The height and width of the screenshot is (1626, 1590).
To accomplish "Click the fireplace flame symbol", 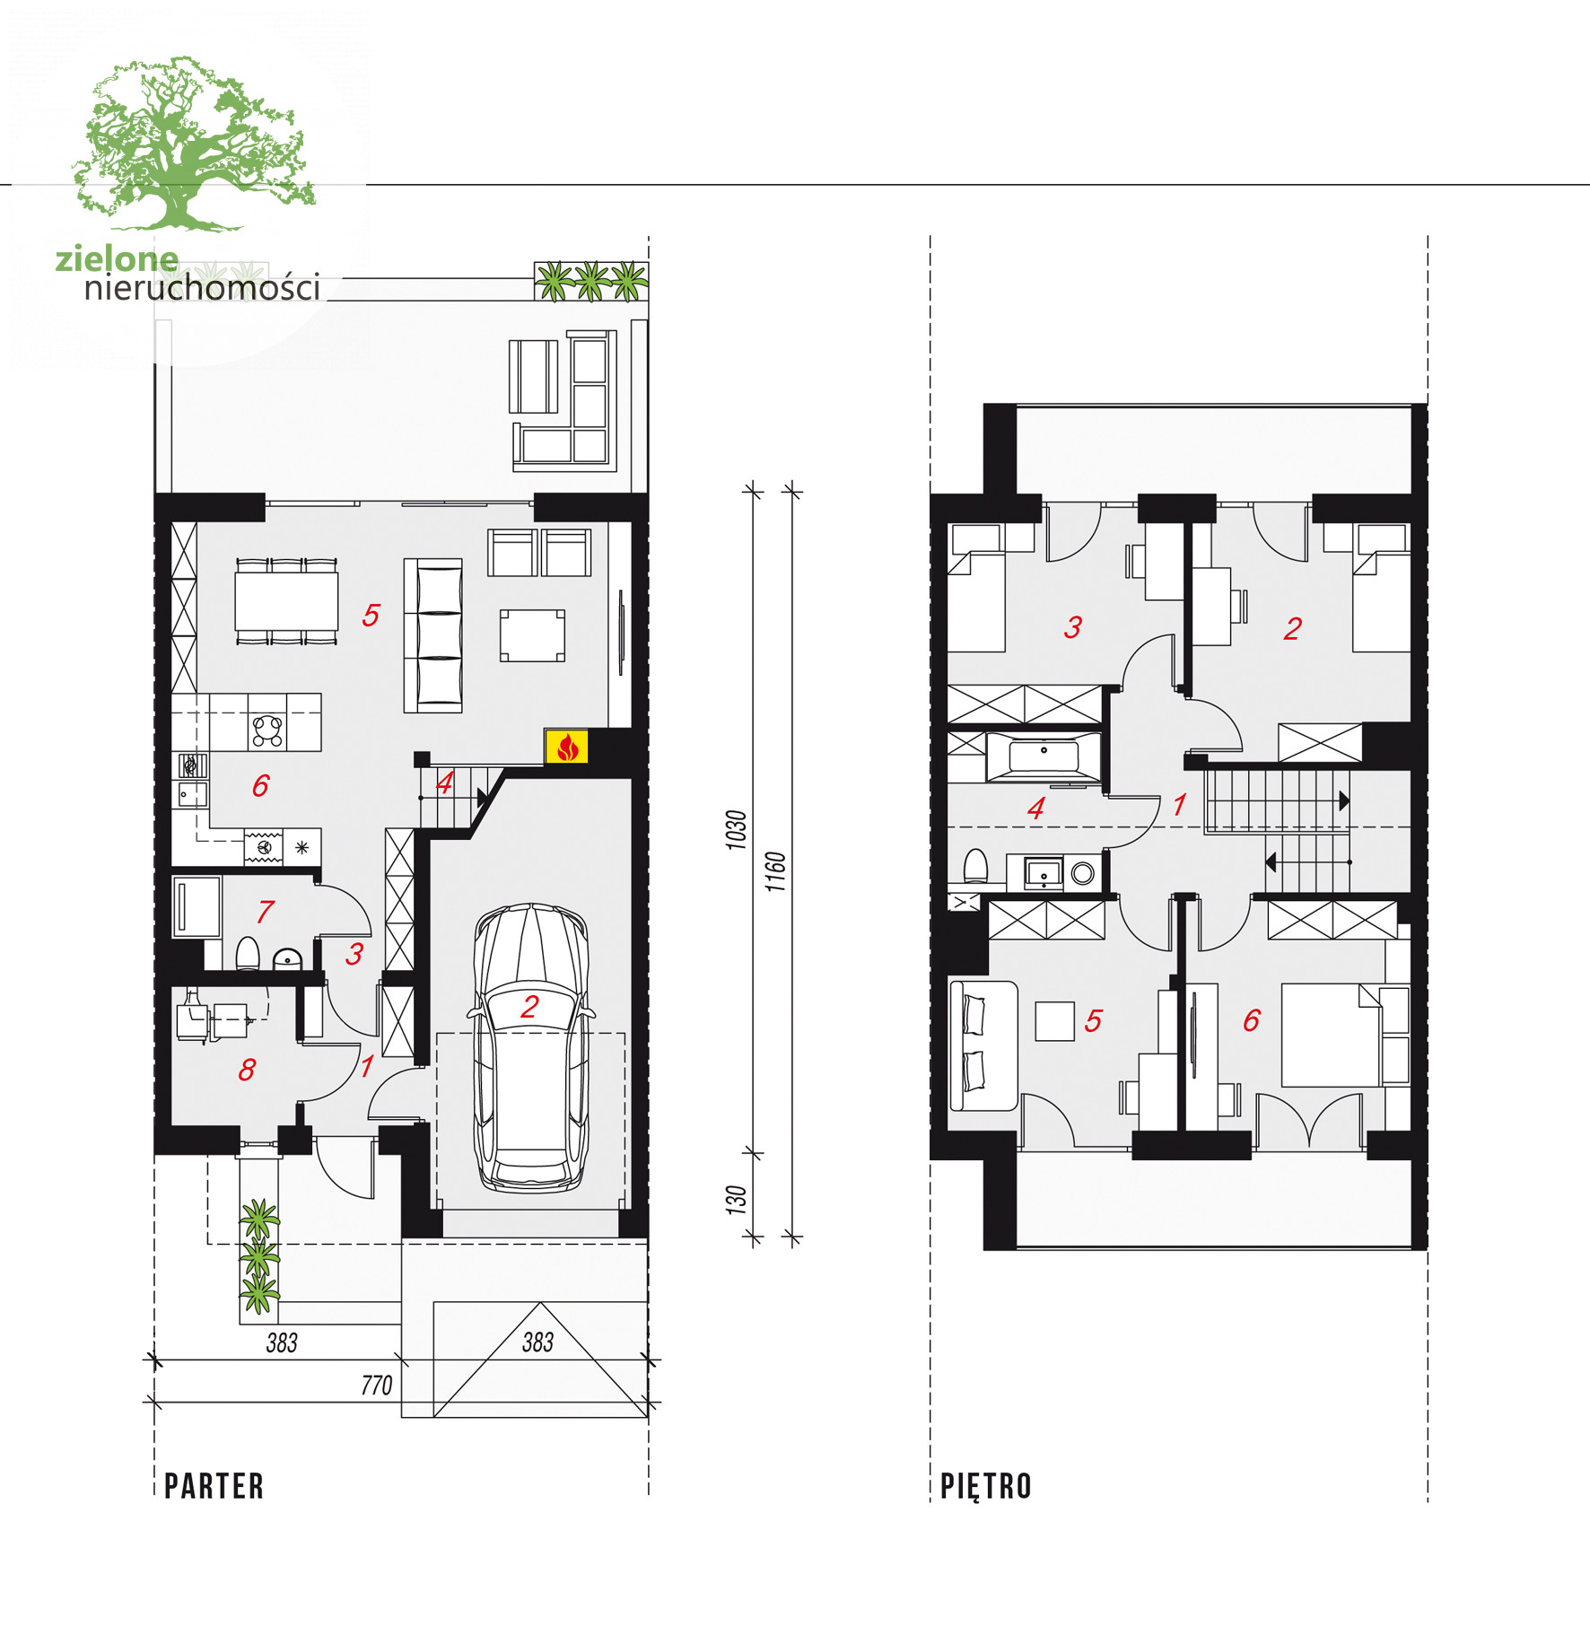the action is tap(567, 747).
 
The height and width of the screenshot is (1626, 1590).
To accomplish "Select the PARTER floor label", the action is tap(214, 1486).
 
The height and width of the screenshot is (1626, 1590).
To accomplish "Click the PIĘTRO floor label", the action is tap(986, 1486).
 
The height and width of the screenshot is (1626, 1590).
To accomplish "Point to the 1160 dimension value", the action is tap(776, 871).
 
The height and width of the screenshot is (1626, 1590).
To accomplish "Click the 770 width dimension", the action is tap(377, 1386).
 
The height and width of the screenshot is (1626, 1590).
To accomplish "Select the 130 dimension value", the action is tap(737, 1201).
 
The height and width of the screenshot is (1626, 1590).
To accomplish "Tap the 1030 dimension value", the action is tap(737, 830).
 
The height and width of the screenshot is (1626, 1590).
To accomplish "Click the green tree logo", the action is tap(194, 144).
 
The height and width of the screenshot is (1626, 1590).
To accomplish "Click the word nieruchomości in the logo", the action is tap(202, 288).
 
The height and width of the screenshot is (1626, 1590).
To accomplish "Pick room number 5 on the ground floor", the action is tap(371, 616).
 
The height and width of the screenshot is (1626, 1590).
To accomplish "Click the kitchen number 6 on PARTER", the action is tap(260, 786).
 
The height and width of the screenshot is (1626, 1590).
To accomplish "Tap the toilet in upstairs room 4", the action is tap(975, 867).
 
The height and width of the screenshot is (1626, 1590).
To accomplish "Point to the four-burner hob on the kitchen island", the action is tap(267, 730).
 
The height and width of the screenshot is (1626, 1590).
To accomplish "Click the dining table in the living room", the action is tap(286, 601).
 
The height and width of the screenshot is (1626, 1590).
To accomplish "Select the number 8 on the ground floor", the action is tap(247, 1070).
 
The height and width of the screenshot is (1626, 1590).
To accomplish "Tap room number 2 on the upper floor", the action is tap(1292, 629).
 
